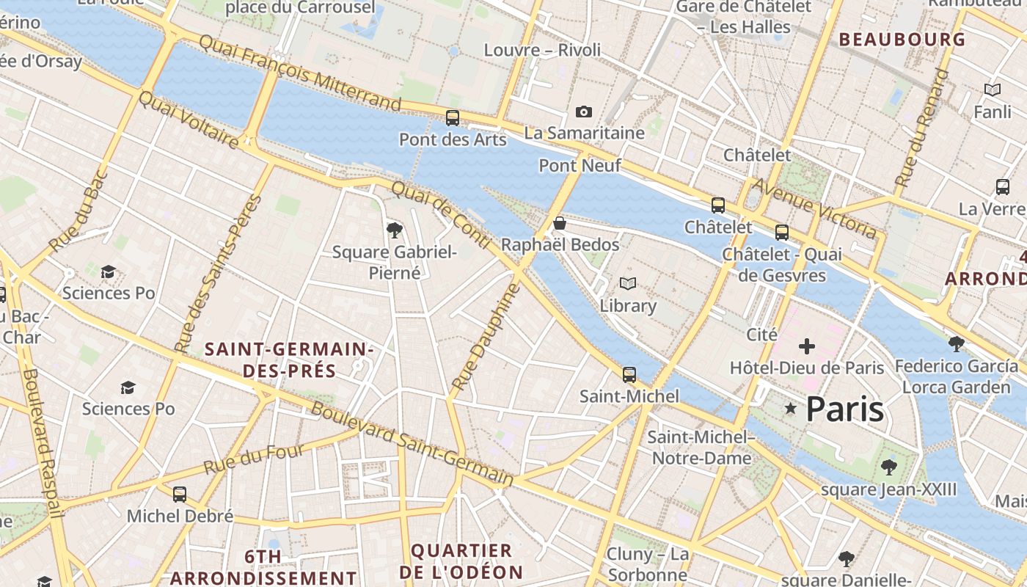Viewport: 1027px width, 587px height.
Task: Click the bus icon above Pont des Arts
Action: [x=453, y=117]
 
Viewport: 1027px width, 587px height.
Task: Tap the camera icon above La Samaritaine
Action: [x=584, y=112]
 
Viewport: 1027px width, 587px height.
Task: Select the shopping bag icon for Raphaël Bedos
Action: [x=560, y=223]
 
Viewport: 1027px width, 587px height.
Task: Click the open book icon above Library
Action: [x=627, y=283]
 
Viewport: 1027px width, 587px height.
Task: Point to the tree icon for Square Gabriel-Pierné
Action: [x=395, y=230]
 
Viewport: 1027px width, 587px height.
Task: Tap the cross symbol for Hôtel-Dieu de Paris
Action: [x=807, y=346]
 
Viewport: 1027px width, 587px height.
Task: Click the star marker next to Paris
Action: [x=790, y=408]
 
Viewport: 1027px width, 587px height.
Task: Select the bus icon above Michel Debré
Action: [x=180, y=494]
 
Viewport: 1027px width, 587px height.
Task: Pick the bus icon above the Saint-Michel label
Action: [x=629, y=374]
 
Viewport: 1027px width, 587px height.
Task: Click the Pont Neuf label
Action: [x=580, y=166]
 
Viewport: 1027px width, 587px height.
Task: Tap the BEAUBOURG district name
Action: [x=902, y=40]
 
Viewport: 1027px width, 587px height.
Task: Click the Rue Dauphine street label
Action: [x=486, y=337]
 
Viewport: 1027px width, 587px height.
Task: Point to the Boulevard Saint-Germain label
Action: [x=412, y=443]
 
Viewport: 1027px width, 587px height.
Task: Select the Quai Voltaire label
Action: [x=189, y=120]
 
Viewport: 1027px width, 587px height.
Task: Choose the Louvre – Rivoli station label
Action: [x=542, y=50]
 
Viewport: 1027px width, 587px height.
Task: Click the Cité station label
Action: [x=761, y=335]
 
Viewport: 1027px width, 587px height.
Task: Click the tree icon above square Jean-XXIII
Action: [x=889, y=467]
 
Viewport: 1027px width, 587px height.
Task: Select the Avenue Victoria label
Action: [x=814, y=208]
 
